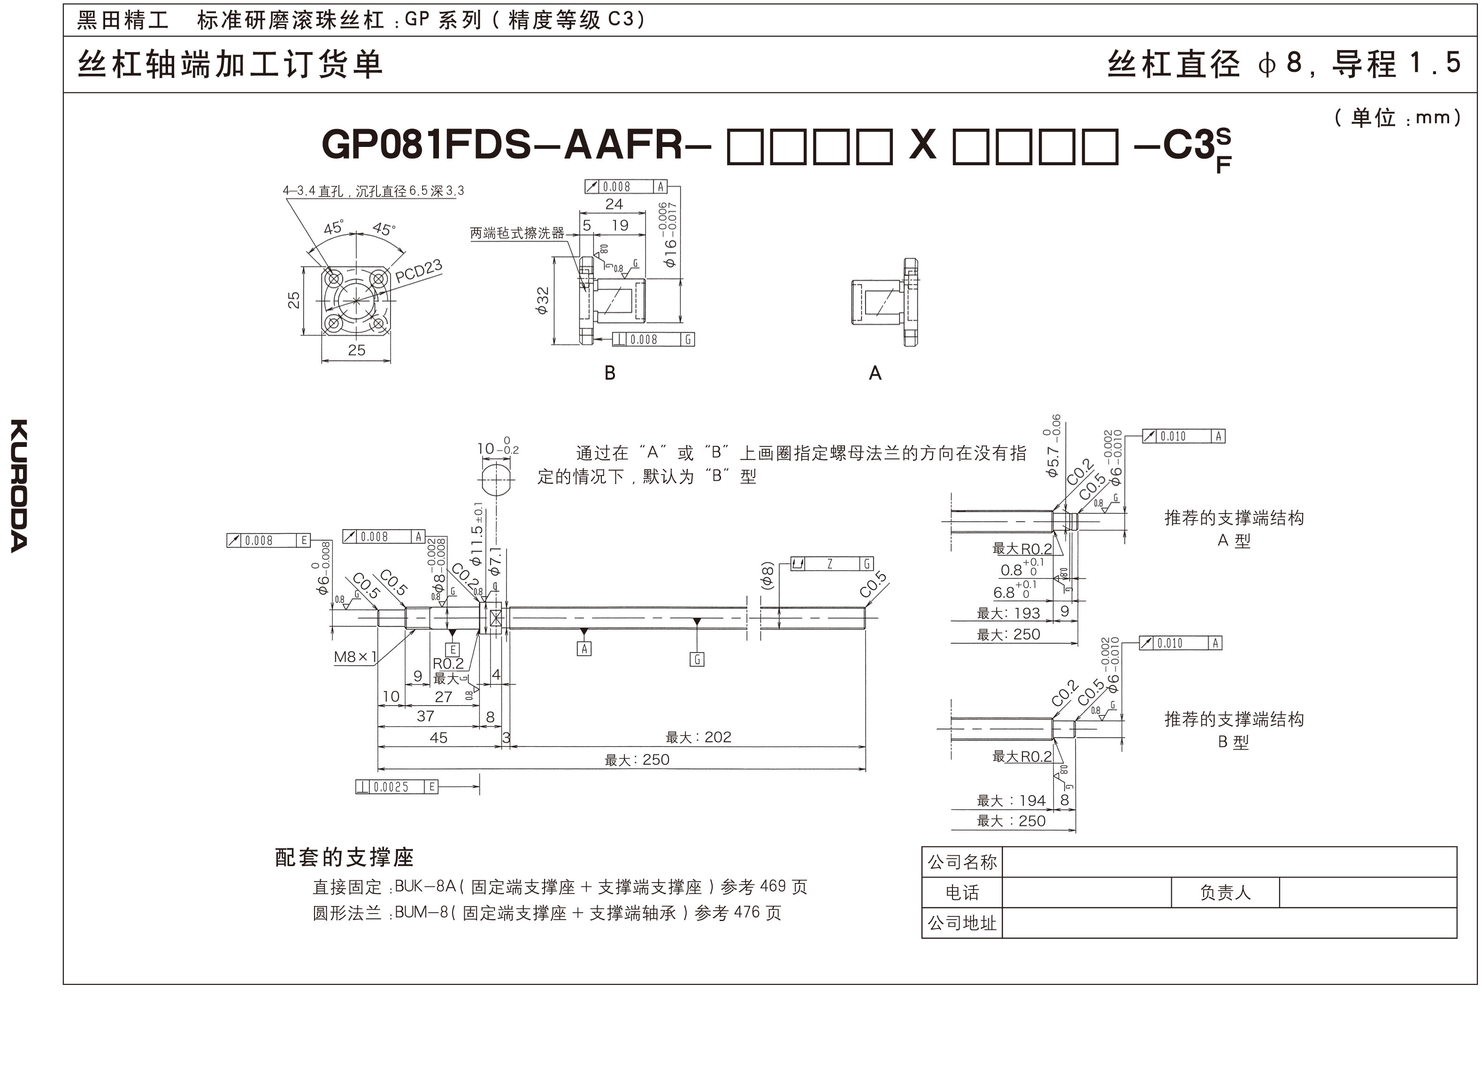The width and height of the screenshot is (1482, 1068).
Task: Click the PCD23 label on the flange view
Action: [x=418, y=270]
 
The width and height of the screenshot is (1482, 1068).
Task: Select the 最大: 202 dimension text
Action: [x=698, y=738]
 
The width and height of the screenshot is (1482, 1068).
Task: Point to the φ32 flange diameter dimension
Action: [x=542, y=300]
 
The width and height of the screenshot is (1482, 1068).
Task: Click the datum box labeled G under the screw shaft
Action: [x=697, y=660]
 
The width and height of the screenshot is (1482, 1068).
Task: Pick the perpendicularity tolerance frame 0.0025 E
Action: [x=396, y=787]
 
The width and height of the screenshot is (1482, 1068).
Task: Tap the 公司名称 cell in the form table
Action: [x=962, y=862]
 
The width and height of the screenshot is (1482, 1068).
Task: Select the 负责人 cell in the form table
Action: [x=1225, y=893]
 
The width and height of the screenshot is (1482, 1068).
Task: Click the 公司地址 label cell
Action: [x=962, y=923]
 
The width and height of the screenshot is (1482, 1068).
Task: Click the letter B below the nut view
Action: [x=610, y=373]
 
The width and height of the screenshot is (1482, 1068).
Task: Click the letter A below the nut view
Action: [x=875, y=373]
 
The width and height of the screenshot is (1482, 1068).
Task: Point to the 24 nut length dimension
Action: [x=614, y=204]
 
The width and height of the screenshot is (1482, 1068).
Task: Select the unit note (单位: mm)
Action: [x=1397, y=118]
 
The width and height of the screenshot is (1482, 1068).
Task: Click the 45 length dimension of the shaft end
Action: [x=438, y=738]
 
